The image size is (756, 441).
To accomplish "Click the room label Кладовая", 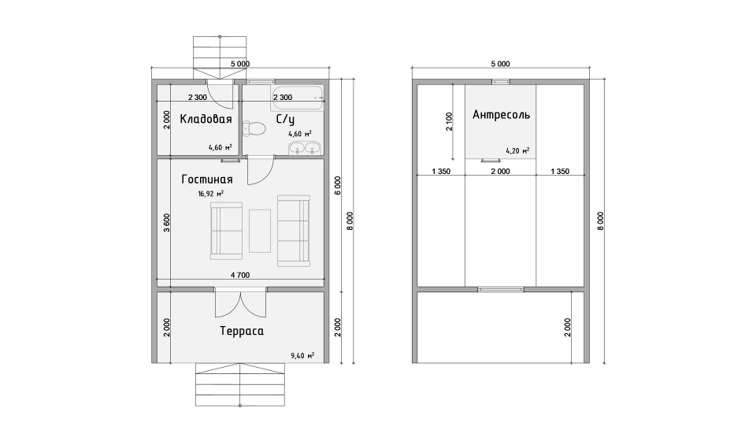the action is click(x=206, y=119).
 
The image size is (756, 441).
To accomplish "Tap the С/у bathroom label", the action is click(x=285, y=120).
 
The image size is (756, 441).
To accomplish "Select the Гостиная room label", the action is click(x=207, y=180).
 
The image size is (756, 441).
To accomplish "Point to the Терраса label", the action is click(x=242, y=331).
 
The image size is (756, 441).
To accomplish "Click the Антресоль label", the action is click(x=502, y=115).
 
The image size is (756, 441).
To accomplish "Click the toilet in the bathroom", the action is click(x=254, y=129).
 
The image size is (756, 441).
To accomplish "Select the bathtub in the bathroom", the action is click(x=297, y=98).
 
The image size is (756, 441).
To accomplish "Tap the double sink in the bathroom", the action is click(x=305, y=149).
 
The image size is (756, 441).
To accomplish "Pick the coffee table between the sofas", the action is click(x=260, y=231).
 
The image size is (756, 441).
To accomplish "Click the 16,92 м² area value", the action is click(x=211, y=194).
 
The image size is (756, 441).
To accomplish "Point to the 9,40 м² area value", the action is click(x=302, y=356).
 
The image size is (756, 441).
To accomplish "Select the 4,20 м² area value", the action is click(x=518, y=151).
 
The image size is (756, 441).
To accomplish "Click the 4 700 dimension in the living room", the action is click(x=240, y=275).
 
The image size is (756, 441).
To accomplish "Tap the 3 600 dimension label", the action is click(x=167, y=223).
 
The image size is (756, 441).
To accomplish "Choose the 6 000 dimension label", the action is click(x=338, y=186).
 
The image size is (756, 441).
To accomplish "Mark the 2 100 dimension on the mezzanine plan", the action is click(x=450, y=122).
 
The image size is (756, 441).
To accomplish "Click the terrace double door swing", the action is click(x=241, y=302).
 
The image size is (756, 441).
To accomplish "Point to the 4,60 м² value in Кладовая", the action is click(x=220, y=147).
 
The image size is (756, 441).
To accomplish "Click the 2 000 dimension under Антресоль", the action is click(x=501, y=171).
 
